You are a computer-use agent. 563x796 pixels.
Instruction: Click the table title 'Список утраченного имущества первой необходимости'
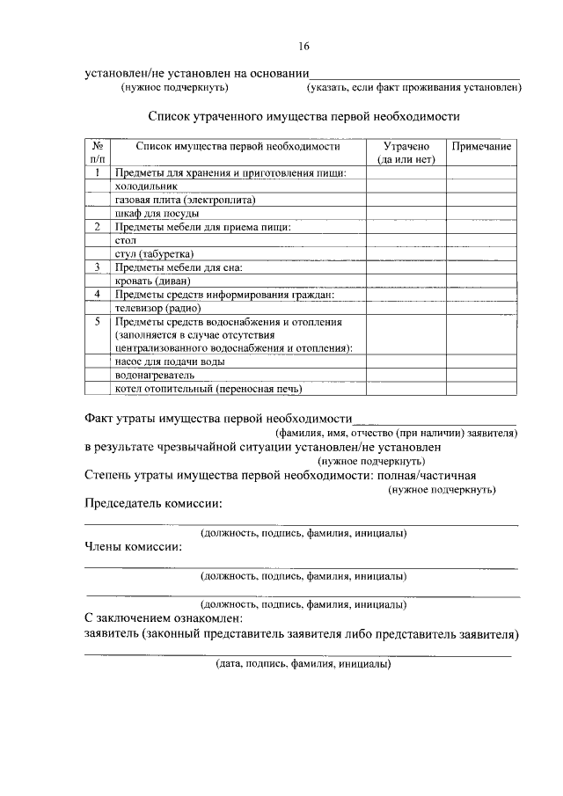[303, 115]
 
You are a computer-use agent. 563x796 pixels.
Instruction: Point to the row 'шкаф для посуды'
[157, 213]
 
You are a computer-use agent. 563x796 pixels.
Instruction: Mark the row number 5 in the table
[98, 322]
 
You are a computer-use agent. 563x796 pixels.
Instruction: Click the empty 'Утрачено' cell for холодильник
[406, 186]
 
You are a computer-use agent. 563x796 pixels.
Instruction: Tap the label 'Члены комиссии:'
[134, 547]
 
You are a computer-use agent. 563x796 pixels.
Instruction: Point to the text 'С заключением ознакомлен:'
[163, 618]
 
